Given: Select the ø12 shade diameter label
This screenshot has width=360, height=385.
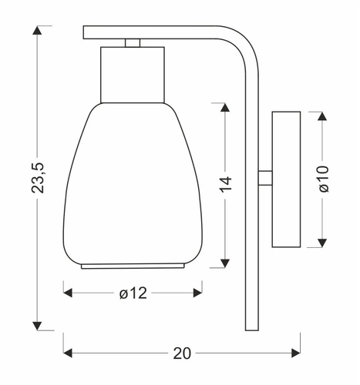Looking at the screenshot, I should tap(133, 293).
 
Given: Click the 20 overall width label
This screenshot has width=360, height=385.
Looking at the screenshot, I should tap(181, 353).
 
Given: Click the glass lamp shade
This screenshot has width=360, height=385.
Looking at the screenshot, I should tap(133, 185).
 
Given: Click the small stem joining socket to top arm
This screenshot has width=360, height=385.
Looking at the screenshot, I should tap(133, 42).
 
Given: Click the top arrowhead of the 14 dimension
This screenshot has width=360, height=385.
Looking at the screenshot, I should tap(225, 106).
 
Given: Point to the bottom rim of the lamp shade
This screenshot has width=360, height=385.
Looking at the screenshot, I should tap(133, 266).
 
